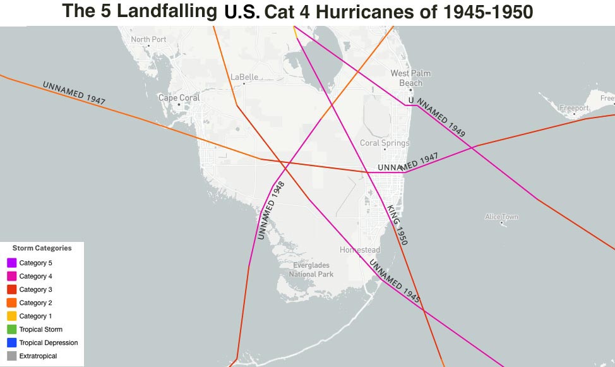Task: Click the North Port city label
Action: coord(148,39)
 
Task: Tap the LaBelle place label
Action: coord(244,77)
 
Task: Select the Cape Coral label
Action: coord(179,98)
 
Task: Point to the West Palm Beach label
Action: coord(410,78)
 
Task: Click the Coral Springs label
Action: coord(385,143)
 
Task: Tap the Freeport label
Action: coord(574,108)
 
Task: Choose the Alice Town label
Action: coord(501,217)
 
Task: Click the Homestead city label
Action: coord(360,250)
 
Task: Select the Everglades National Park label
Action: coord(311,270)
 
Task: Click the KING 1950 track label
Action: coord(397,224)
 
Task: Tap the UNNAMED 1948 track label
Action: coord(272,210)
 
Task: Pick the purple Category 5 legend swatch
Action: coord(12,263)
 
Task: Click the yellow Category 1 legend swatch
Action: coord(12,316)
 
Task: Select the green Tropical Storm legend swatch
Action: coord(12,329)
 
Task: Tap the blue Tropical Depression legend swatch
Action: coord(12,343)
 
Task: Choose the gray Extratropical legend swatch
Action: coord(12,356)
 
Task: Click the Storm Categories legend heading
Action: coord(42,248)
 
